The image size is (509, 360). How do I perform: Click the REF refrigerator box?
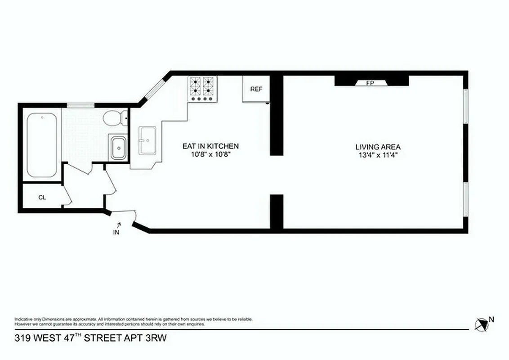tap(256, 89)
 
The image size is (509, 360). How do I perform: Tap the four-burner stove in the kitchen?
tap(202, 88)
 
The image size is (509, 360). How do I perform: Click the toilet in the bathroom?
tap(114, 119)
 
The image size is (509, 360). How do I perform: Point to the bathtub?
tap(42, 145)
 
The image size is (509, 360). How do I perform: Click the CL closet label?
tap(42, 198)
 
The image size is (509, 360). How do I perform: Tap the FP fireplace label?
tap(371, 83)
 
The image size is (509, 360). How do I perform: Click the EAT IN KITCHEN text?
tap(210, 146)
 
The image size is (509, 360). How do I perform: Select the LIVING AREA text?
tap(378, 147)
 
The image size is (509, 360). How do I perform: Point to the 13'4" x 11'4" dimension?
tap(378, 154)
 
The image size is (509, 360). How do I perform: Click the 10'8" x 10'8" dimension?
tap(210, 154)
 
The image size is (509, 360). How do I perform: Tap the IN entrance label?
tap(116, 232)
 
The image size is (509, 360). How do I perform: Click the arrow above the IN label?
tap(119, 224)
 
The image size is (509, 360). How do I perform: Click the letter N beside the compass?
tap(491, 319)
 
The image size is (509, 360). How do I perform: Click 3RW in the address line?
tap(157, 338)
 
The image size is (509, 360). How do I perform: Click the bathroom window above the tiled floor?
tap(80, 105)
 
